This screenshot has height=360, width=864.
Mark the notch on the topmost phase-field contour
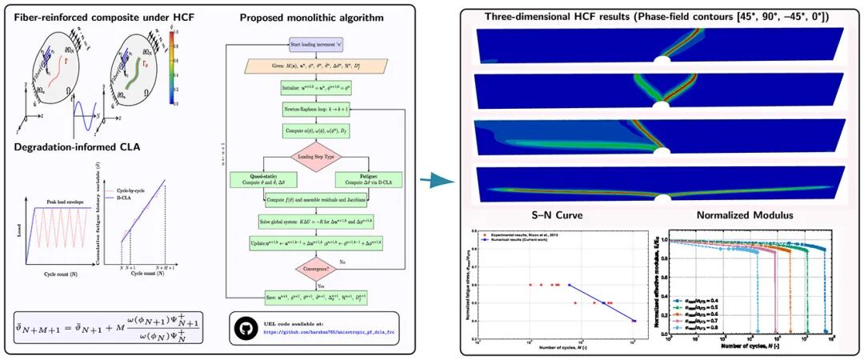[x=662, y=60]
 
